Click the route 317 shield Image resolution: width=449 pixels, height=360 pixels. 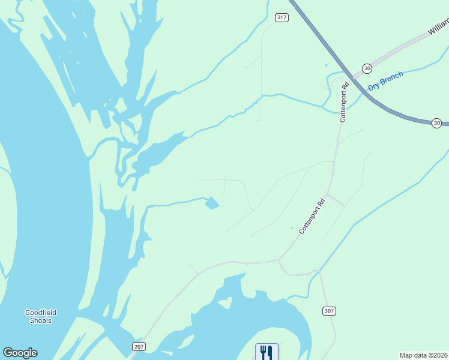click(x=282, y=17)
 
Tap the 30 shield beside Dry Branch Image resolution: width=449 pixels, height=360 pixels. click(x=367, y=68)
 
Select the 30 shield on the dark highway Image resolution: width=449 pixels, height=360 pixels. click(x=436, y=123)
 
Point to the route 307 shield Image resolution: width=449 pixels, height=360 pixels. click(x=328, y=311)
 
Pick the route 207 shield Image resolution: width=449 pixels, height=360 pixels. click(x=139, y=347)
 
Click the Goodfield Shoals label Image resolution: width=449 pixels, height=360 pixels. click(x=41, y=316)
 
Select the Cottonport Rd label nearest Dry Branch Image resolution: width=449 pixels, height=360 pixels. click(x=344, y=102)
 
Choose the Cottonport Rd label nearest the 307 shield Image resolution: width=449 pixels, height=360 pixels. click(x=312, y=215)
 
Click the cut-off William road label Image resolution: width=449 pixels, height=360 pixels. click(x=438, y=27)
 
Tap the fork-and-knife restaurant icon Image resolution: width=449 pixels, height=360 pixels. click(x=267, y=352)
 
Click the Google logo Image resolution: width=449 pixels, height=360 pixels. click(x=20, y=353)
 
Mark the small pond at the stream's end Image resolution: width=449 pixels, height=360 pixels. click(x=212, y=203)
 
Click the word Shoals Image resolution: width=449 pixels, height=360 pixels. click(x=41, y=320)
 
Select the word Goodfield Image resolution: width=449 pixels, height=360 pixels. click(x=41, y=313)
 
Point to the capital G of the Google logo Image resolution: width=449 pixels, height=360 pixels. click(x=8, y=353)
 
